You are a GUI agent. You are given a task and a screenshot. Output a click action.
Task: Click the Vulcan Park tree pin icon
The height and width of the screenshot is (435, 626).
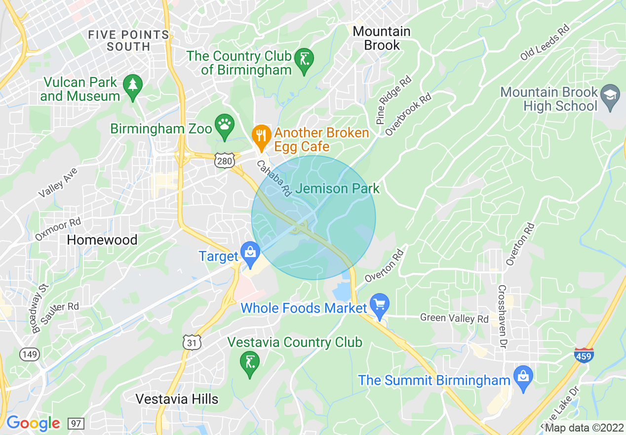click(x=132, y=86)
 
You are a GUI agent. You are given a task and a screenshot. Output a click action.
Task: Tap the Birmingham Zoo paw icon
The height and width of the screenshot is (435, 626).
click(x=225, y=125)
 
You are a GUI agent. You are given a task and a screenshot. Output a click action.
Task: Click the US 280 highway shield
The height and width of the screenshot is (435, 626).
click(x=223, y=161)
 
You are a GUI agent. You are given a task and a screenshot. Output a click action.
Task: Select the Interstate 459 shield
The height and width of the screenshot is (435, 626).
click(x=584, y=355)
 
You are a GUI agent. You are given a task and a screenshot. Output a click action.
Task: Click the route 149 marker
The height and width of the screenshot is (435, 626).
click(x=28, y=353)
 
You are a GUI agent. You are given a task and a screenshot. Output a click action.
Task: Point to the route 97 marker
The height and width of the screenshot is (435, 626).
click(x=77, y=424)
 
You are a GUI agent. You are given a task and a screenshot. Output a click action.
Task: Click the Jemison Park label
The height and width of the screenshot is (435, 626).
click(x=338, y=188)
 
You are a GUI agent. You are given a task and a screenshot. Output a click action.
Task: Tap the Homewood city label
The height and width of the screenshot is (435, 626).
click(x=102, y=240)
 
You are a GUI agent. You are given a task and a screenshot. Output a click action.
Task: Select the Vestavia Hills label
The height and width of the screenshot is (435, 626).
click(x=177, y=399)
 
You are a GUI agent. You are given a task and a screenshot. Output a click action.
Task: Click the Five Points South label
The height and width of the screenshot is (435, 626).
click(x=128, y=41)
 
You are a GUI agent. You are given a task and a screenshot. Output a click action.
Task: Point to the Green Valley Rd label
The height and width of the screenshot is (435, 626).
click(x=454, y=318)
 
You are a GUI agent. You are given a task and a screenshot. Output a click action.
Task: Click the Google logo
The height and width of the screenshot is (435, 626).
click(x=33, y=423)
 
